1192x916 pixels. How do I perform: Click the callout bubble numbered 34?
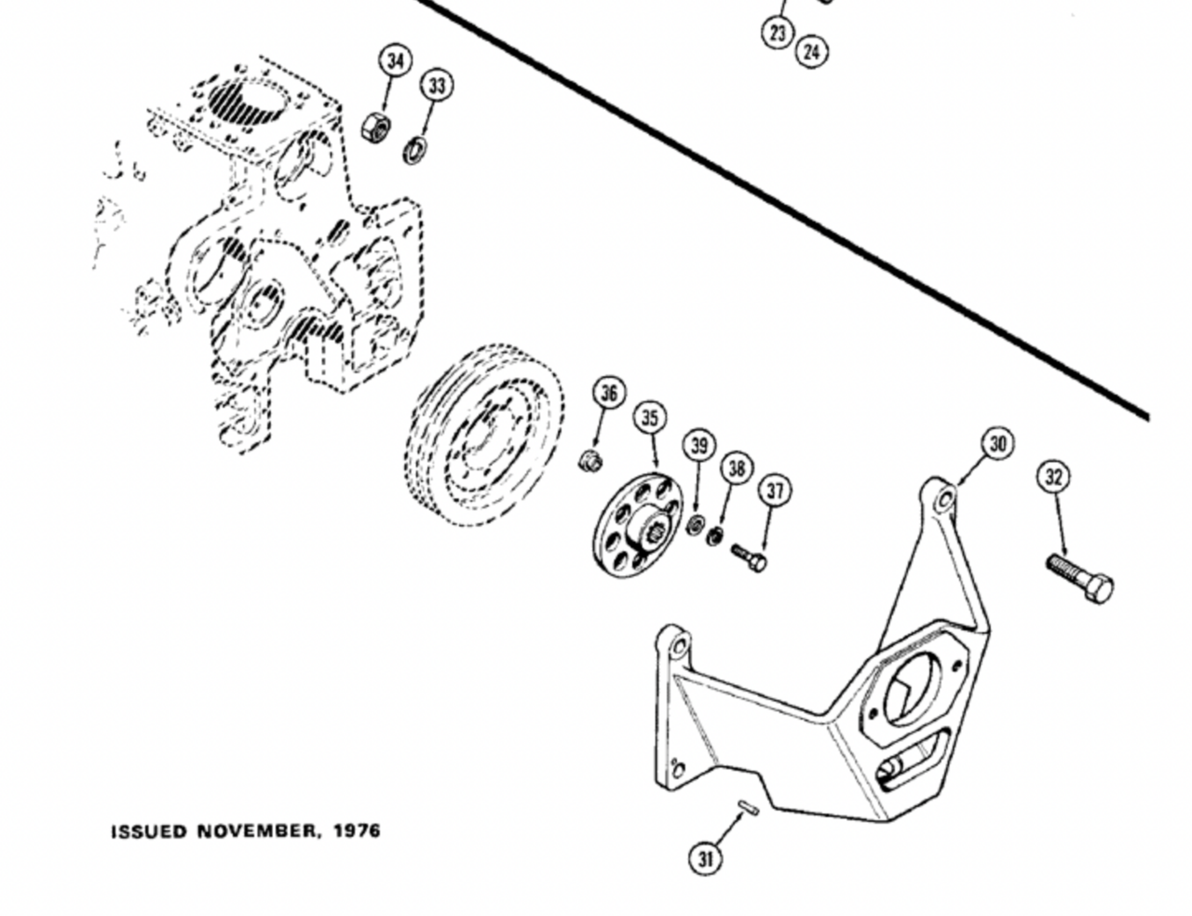click(397, 61)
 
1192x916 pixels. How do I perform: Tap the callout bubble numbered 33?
click(437, 86)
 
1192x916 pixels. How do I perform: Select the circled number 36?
click(609, 394)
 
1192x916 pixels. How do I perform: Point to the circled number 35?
click(650, 418)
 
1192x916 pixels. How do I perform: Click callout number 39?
click(699, 445)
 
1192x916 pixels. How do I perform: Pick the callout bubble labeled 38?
click(737, 468)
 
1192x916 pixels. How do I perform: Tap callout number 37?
click(775, 491)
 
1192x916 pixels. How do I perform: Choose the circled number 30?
click(997, 444)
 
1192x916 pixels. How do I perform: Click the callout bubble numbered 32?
click(1053, 478)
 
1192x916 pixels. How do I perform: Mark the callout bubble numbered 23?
click(778, 33)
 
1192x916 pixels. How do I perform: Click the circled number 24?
click(811, 51)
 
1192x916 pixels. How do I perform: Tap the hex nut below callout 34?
click(375, 126)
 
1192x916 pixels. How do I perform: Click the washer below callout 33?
click(415, 148)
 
